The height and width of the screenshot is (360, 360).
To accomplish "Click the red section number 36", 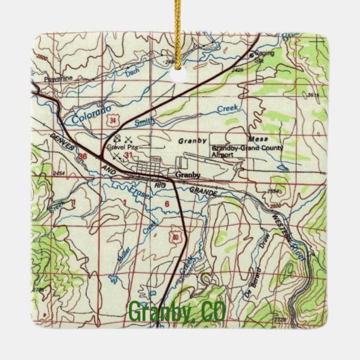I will point(83,156).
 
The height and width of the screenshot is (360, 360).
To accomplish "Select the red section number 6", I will point(166,203).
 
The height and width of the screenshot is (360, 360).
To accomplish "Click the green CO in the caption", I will point(213,314).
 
